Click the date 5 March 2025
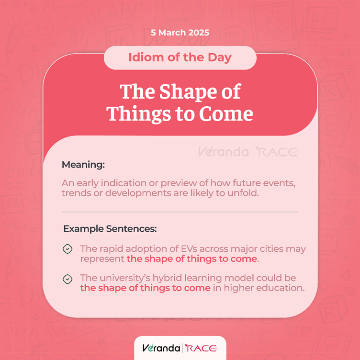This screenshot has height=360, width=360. coord(180,33)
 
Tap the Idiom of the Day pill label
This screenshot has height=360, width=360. coord(180,57)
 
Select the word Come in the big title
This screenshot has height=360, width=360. coord(226,113)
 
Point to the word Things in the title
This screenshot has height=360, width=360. coord(139,114)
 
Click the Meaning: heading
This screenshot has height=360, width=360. coord(83,165)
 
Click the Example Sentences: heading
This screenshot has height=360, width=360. coord(110,229)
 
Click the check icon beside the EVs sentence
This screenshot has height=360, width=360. coord(67,249)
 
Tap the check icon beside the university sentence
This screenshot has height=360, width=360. coord(67,279)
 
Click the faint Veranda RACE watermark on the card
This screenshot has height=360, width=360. coord(248,152)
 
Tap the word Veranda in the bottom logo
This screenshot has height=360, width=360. coord(161,348)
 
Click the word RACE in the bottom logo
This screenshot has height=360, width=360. coord(201,349)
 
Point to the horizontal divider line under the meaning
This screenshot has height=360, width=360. coord(180,212)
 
